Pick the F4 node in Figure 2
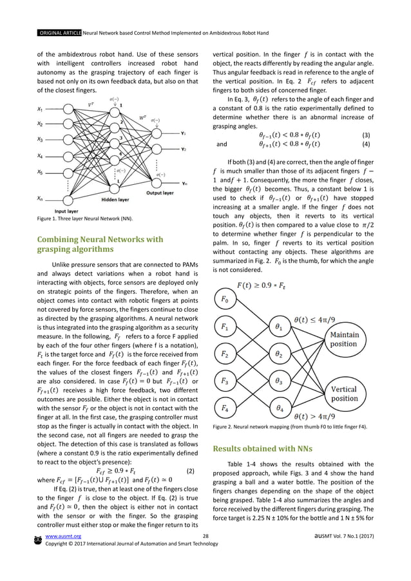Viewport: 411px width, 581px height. [x=224, y=408]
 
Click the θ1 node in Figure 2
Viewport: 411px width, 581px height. [x=279, y=327]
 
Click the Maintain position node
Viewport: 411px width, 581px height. [x=344, y=339]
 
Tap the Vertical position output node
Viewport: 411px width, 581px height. [x=344, y=394]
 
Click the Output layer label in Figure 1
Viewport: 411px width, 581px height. [x=159, y=192]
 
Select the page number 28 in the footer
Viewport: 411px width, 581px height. [x=205, y=553]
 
